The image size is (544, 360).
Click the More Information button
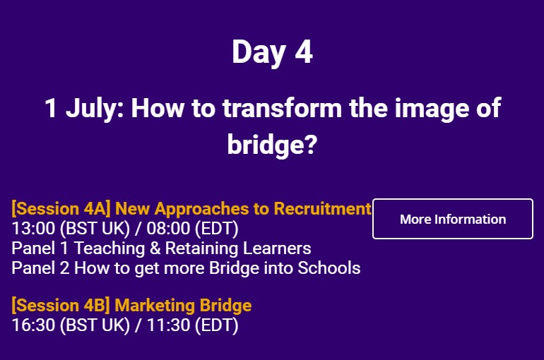(x=453, y=219)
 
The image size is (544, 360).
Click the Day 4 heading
(x=272, y=52)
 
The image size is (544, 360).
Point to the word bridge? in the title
(x=272, y=145)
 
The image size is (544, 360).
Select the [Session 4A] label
(x=61, y=208)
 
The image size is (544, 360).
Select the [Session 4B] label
(x=61, y=305)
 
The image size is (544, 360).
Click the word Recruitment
(x=323, y=208)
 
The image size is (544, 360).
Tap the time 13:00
(x=33, y=228)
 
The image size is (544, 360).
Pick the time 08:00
(x=168, y=228)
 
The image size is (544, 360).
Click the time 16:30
(x=33, y=325)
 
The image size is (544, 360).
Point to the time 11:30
(x=169, y=325)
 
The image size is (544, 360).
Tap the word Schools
(x=329, y=268)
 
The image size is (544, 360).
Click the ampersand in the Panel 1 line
(x=155, y=248)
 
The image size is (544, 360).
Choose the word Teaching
(x=110, y=248)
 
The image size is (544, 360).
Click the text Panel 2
(x=40, y=268)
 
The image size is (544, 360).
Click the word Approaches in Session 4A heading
(x=202, y=209)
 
